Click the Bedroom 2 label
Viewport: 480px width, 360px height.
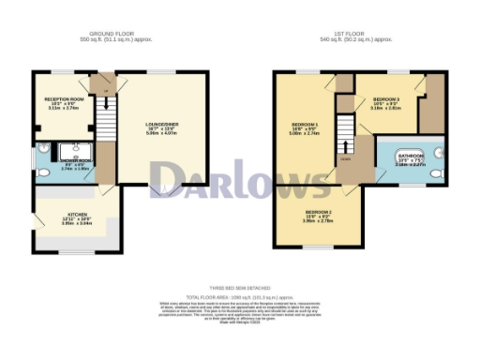317,215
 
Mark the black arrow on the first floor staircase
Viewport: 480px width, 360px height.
348,145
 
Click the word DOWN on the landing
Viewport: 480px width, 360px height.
345,158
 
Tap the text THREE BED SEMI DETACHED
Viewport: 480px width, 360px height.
240,288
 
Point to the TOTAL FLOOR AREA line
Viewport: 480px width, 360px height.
240,295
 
